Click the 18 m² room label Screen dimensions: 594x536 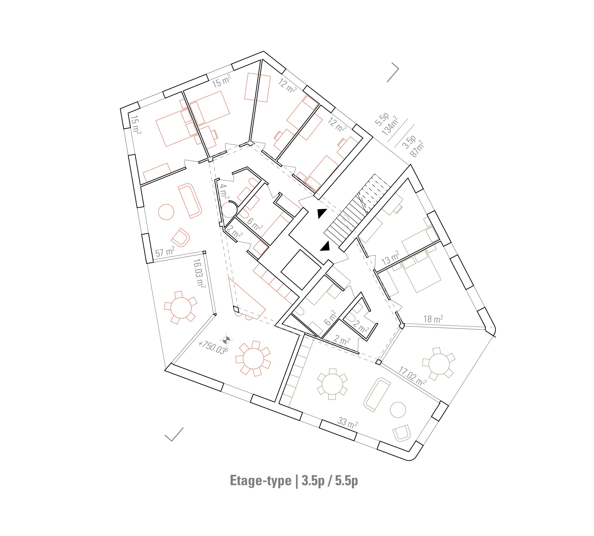[x=433, y=319]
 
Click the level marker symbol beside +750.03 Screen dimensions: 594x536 [x=226, y=340]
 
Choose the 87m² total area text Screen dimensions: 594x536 [x=417, y=149]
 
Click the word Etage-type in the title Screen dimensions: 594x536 [x=260, y=480]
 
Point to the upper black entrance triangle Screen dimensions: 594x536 [x=322, y=213]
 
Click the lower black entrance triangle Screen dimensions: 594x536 [x=325, y=246]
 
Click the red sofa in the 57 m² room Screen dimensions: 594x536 [x=190, y=200]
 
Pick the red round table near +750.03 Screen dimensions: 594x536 [x=253, y=358]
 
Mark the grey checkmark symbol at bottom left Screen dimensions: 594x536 [x=174, y=435]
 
